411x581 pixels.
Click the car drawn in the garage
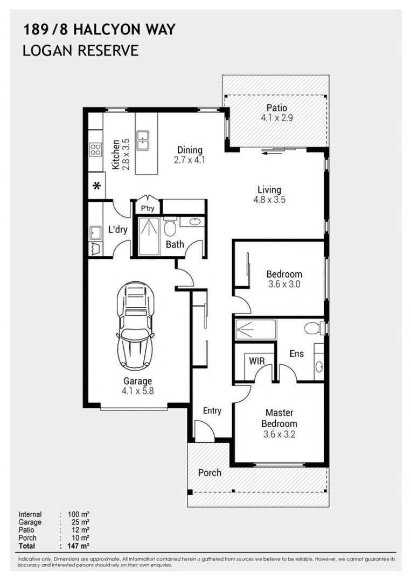[135, 325]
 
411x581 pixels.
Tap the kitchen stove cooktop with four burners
[96, 150]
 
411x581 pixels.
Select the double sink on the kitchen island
[142, 140]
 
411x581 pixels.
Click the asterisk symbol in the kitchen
[97, 186]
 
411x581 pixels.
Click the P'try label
[147, 208]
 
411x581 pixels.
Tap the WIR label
[257, 361]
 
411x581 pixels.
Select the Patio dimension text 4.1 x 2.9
[277, 118]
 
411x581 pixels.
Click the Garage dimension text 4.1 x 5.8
[137, 391]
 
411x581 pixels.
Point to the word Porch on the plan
[210, 473]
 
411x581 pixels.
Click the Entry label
[212, 411]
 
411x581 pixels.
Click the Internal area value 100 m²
[79, 514]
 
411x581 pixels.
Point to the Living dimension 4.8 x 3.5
[269, 200]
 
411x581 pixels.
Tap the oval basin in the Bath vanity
[194, 222]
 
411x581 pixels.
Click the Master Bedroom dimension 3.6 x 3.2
[280, 434]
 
